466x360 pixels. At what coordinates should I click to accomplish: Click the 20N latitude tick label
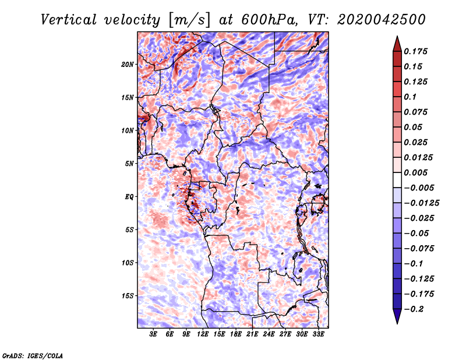tap(128, 64)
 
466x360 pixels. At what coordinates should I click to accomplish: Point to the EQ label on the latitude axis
tap(129, 196)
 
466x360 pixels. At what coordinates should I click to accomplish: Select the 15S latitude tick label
tap(128, 295)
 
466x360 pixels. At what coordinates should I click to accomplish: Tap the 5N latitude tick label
tap(129, 163)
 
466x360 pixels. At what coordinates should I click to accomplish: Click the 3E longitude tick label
tap(154, 335)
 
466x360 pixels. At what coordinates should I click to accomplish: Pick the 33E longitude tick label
tap(318, 335)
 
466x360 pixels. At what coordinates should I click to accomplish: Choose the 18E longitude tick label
tap(236, 335)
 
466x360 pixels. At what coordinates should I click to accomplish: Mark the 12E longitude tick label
tap(203, 335)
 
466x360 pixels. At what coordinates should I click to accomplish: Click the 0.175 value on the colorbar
tap(416, 51)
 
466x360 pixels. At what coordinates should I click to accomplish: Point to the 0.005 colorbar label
tap(416, 172)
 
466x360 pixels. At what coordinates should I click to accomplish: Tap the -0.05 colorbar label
tap(418, 233)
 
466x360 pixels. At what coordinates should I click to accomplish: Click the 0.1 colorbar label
tap(410, 97)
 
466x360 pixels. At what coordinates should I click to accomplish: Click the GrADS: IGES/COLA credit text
tap(33, 355)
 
